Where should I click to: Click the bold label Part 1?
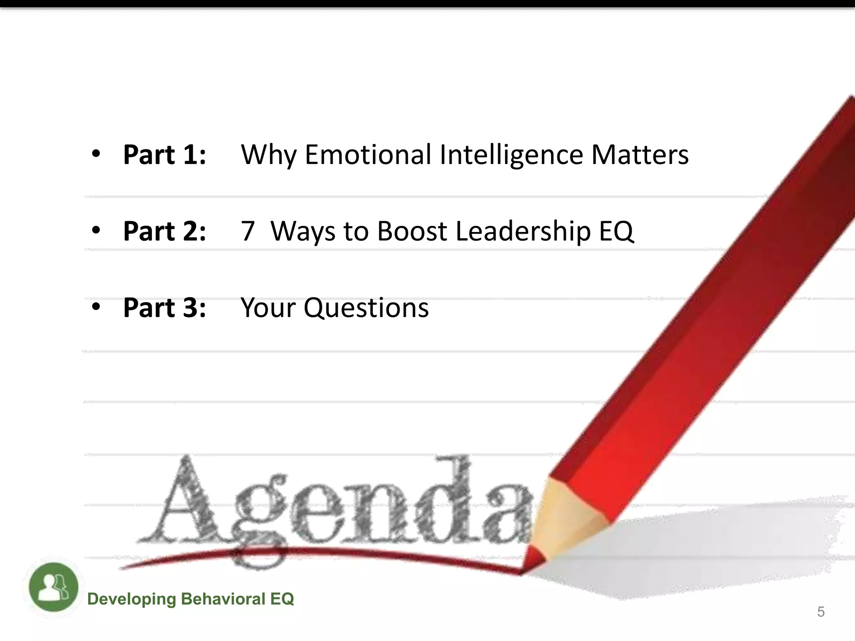[x=164, y=155]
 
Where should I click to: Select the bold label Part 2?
[x=164, y=231]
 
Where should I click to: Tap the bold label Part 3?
[x=164, y=308]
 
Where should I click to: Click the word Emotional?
[x=368, y=154]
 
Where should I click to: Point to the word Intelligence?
[x=511, y=155]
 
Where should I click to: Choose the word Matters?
[x=640, y=154]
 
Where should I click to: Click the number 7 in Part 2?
[x=248, y=231]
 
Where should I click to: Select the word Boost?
[x=412, y=231]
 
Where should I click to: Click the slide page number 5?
[x=821, y=612]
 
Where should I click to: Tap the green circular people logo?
[x=53, y=587]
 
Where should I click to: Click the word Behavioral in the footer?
[x=223, y=599]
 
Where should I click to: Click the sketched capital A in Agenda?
[x=184, y=501]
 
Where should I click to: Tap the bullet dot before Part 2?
[x=96, y=230]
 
